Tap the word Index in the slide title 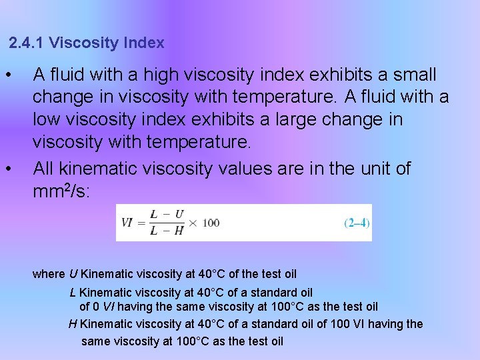coord(144,43)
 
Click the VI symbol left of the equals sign coord(127,223)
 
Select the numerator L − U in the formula coord(167,215)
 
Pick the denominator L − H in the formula coord(167,231)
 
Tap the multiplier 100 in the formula coord(211,223)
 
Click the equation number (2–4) coord(357,223)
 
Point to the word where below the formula coord(49,274)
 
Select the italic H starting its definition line coord(73,324)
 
